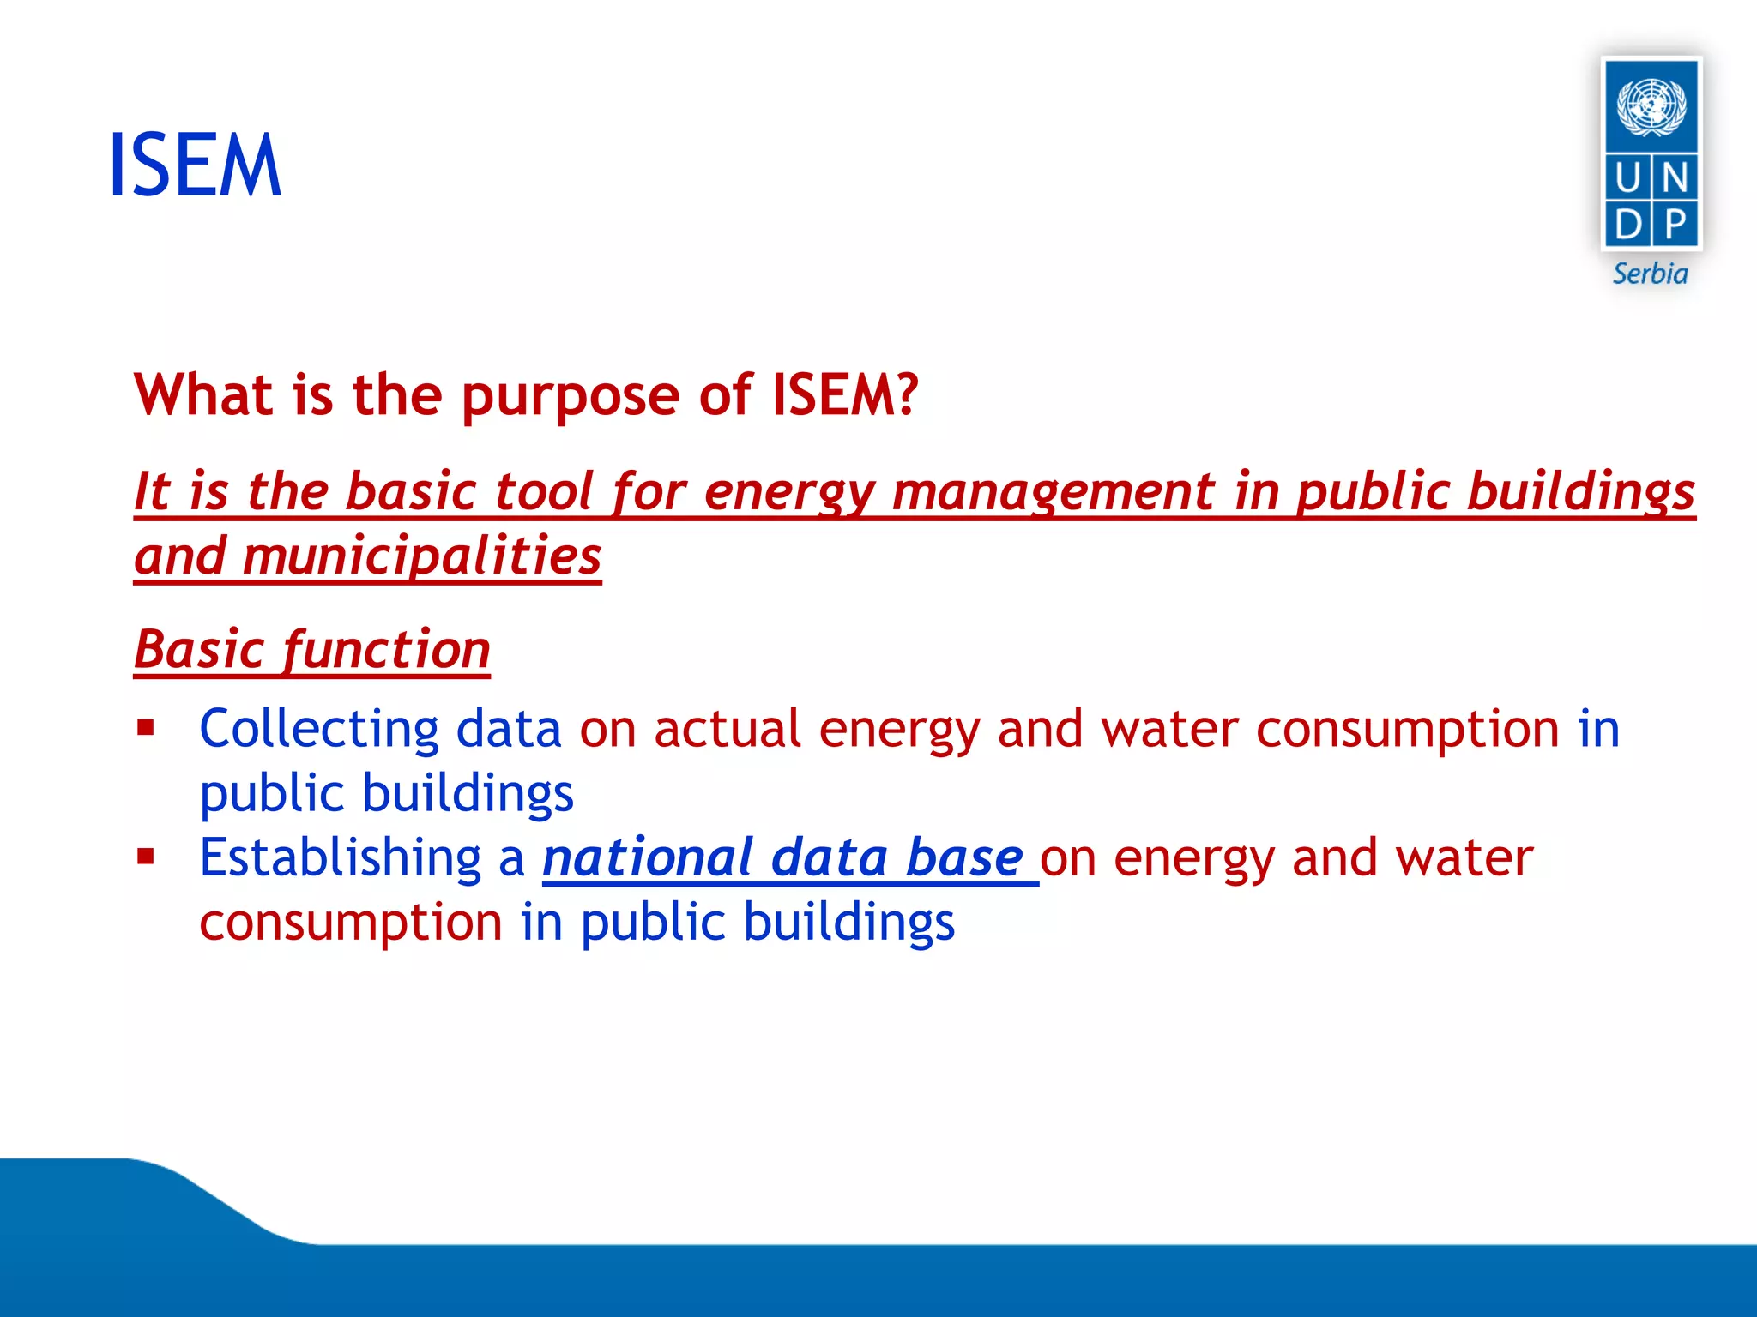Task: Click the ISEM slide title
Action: (x=196, y=165)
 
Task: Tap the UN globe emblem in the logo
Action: (x=1651, y=106)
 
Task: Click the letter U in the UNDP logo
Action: (x=1627, y=178)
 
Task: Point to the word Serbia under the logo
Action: (x=1650, y=274)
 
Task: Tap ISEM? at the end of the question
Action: (x=844, y=395)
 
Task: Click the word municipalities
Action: (x=421, y=556)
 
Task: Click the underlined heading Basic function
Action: (x=312, y=649)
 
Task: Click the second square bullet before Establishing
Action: (x=146, y=857)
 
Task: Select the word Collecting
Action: (x=319, y=730)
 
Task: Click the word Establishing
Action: (x=341, y=857)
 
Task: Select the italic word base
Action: (x=964, y=857)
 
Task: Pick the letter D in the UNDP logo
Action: (x=1627, y=225)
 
